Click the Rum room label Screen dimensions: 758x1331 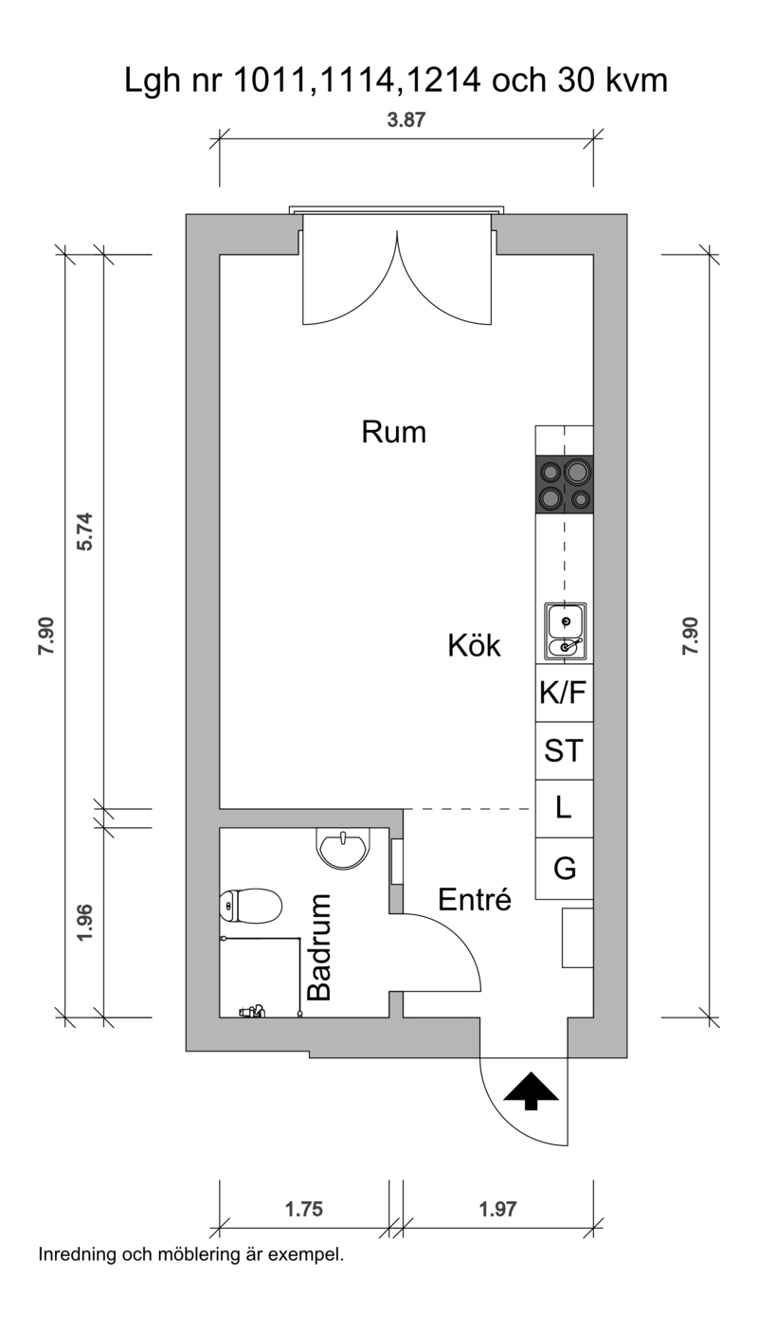393,432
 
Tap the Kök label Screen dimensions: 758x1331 474,645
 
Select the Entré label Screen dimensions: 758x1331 475,899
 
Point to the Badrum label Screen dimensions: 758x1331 318,947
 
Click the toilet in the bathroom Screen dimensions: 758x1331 250,906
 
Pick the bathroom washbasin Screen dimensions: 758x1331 342,849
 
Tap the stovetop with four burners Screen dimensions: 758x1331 564,484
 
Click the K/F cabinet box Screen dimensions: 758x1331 564,692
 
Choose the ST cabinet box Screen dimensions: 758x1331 564,750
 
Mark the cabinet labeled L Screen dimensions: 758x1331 564,809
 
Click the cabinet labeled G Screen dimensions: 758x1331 564,868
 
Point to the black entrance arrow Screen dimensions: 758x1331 531,1091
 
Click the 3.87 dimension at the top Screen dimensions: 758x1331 406,119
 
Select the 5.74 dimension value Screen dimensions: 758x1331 84,531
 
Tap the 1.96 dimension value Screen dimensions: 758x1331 84,923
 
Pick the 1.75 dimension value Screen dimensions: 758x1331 304,1209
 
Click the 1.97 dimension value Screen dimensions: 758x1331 497,1209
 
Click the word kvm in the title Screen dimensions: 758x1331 637,81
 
